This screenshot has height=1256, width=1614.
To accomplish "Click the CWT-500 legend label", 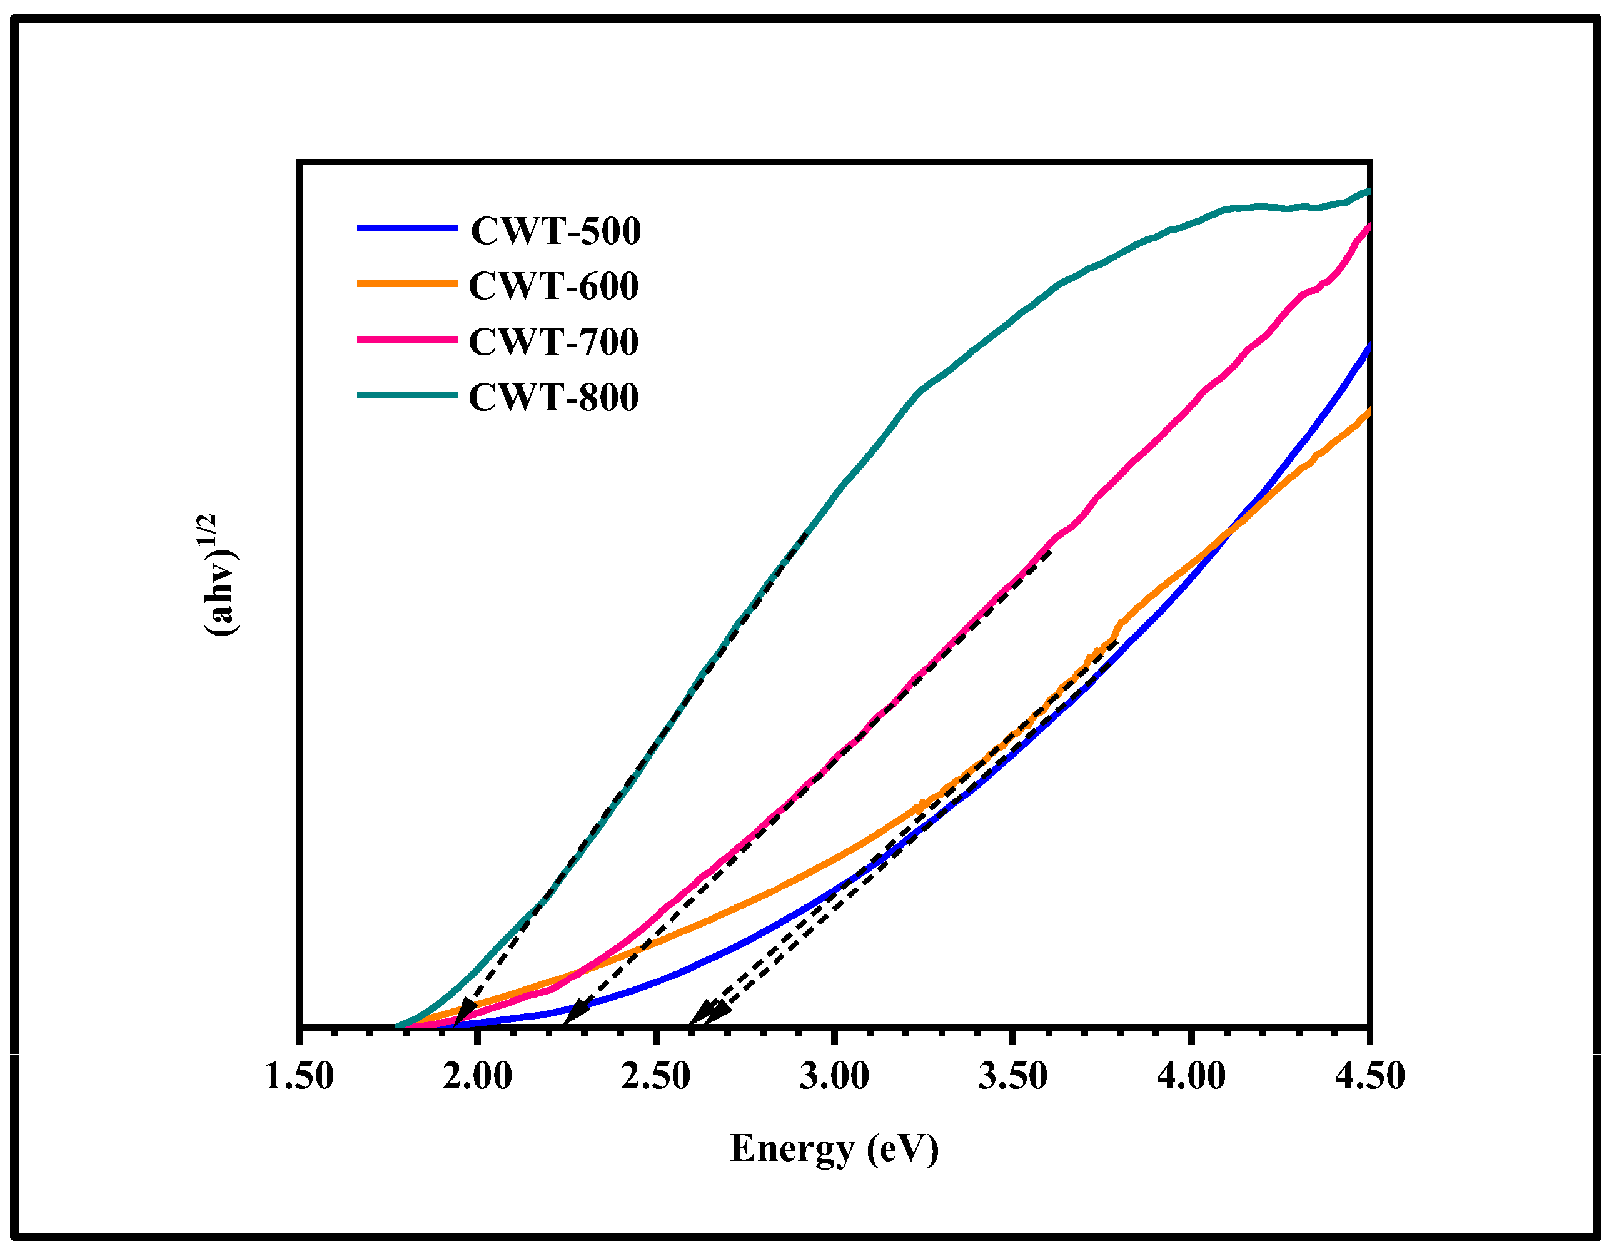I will point(556,231).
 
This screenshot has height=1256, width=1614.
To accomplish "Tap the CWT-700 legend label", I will point(553,342).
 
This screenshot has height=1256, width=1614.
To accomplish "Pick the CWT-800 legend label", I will point(553,398).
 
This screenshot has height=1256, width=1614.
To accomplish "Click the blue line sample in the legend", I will point(407,228).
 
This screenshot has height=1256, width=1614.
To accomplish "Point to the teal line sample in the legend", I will point(407,395).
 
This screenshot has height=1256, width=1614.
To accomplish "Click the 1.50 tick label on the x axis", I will point(300,1076).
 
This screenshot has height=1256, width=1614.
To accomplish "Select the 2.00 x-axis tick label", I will point(477,1076).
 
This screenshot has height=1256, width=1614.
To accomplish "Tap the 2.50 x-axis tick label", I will point(655,1076).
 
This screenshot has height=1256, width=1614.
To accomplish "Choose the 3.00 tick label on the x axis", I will point(834,1076).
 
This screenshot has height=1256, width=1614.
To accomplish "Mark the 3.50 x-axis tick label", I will point(1012,1076).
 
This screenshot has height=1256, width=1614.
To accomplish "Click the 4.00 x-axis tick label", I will point(1191,1076).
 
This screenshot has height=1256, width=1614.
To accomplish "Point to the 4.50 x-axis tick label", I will point(1369,1076).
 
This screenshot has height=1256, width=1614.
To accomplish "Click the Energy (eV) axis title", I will point(834,1148).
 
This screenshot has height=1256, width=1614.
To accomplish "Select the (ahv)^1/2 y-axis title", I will point(219,575).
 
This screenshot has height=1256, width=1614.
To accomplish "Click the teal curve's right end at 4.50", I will point(1367,192).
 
